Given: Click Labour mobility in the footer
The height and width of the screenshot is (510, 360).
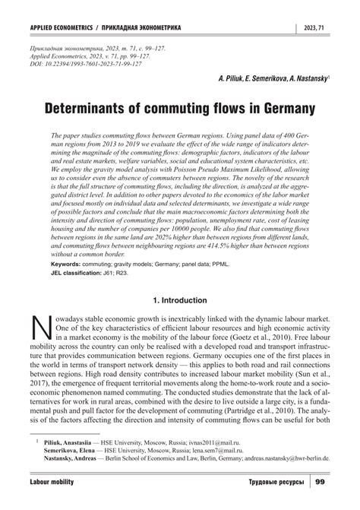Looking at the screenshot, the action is tap(54, 483).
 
